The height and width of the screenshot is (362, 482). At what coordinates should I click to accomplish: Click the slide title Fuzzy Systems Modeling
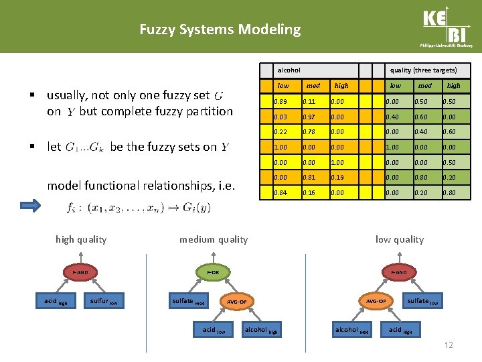click(220, 29)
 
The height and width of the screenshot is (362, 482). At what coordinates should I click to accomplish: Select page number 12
click(448, 345)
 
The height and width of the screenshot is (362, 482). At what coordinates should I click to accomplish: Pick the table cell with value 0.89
click(280, 101)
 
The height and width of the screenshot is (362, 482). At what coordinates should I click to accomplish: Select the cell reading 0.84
click(280, 193)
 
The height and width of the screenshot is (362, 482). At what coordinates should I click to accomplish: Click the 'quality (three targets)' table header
click(424, 70)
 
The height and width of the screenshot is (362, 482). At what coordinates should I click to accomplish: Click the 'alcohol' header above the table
click(289, 70)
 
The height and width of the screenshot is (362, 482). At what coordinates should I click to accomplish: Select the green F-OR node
click(213, 272)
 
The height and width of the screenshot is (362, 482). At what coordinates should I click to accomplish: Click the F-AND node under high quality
click(80, 272)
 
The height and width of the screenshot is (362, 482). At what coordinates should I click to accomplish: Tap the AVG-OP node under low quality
click(376, 301)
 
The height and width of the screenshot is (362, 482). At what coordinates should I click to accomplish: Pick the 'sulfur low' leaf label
click(104, 301)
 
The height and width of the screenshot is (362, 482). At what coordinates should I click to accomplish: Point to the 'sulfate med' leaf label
click(187, 301)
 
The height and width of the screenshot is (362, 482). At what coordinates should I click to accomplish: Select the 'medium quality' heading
click(213, 239)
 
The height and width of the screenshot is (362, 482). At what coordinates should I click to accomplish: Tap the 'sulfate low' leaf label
click(424, 301)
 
